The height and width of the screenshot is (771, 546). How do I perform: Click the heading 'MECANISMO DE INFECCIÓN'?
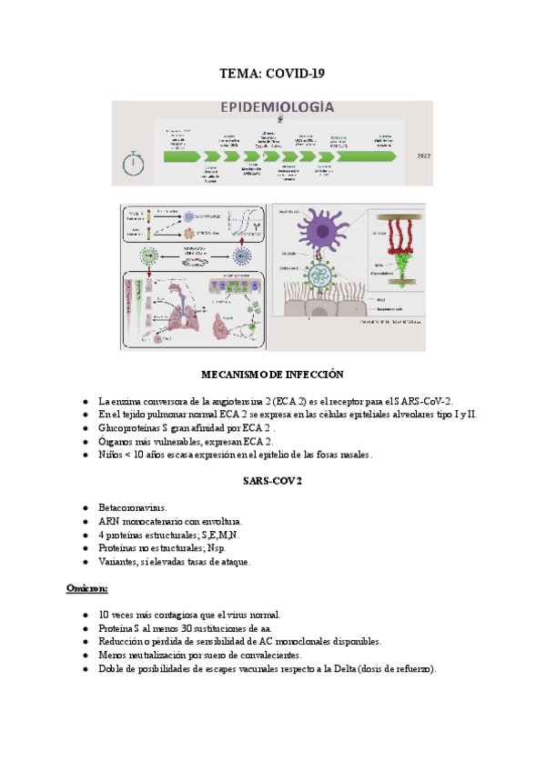click(272, 375)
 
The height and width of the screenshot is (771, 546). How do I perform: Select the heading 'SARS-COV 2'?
click(272, 480)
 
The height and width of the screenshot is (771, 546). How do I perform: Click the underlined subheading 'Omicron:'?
click(88, 588)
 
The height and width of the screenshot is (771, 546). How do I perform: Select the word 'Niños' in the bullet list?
click(111, 455)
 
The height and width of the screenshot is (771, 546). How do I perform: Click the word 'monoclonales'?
click(305, 641)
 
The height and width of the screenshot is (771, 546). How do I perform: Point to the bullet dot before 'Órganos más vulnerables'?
click(85, 442)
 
